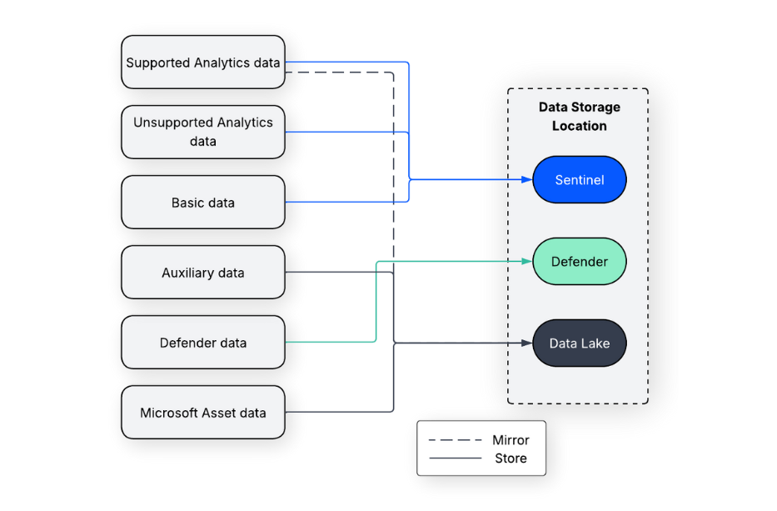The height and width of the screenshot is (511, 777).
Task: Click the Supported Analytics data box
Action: click(x=203, y=63)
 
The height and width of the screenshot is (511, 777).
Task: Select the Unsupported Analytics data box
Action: click(x=203, y=132)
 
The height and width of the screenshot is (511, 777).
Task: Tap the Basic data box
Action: click(x=203, y=203)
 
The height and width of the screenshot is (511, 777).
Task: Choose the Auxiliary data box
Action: click(x=203, y=273)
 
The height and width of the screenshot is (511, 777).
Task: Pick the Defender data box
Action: click(x=203, y=343)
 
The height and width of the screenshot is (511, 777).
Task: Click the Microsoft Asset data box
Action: click(x=203, y=413)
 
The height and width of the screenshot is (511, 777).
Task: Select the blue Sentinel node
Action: click(x=579, y=179)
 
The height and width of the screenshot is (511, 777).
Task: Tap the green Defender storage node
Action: click(x=579, y=262)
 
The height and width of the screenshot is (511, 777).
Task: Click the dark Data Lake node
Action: click(x=579, y=343)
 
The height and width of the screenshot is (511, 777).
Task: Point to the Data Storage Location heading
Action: click(x=579, y=117)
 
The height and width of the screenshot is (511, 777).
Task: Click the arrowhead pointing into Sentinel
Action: click(x=526, y=179)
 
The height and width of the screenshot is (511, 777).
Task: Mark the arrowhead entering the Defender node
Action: click(x=526, y=262)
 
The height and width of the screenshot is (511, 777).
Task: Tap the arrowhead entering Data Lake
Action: click(x=526, y=343)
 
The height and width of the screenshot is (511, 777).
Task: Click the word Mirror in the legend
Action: click(x=511, y=440)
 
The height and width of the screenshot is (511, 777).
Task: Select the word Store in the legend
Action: click(x=511, y=458)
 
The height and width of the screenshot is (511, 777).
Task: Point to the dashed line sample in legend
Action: click(x=455, y=440)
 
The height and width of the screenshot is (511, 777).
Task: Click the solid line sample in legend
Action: click(x=455, y=458)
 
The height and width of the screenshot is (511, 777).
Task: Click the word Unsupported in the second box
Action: click(x=173, y=123)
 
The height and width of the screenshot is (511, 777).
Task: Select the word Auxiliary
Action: click(x=190, y=273)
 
